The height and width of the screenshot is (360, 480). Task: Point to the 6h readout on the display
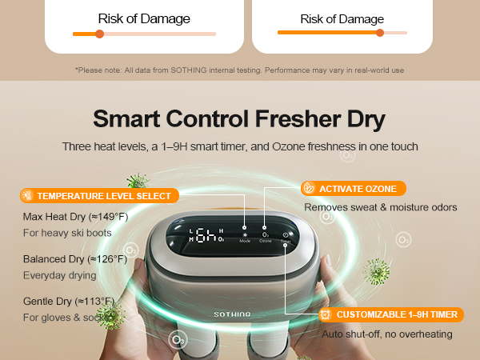[x=206, y=235]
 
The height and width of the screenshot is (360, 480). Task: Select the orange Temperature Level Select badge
[x=97, y=196]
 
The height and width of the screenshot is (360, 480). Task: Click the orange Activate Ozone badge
[x=353, y=189]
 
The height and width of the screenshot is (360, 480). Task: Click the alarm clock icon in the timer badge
[x=326, y=314]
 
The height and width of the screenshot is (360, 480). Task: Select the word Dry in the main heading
[x=365, y=120]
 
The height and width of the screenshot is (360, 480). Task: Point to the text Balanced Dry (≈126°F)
[x=74, y=259]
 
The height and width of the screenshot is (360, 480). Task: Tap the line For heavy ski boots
[x=68, y=233]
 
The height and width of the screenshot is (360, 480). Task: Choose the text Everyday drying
[x=59, y=275]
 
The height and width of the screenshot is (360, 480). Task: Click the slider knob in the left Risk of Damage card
[x=99, y=34]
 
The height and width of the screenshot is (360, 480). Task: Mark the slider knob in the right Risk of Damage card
[x=380, y=33]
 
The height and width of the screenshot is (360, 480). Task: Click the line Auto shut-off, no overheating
[x=387, y=334]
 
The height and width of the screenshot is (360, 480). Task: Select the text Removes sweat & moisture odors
[x=381, y=207]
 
